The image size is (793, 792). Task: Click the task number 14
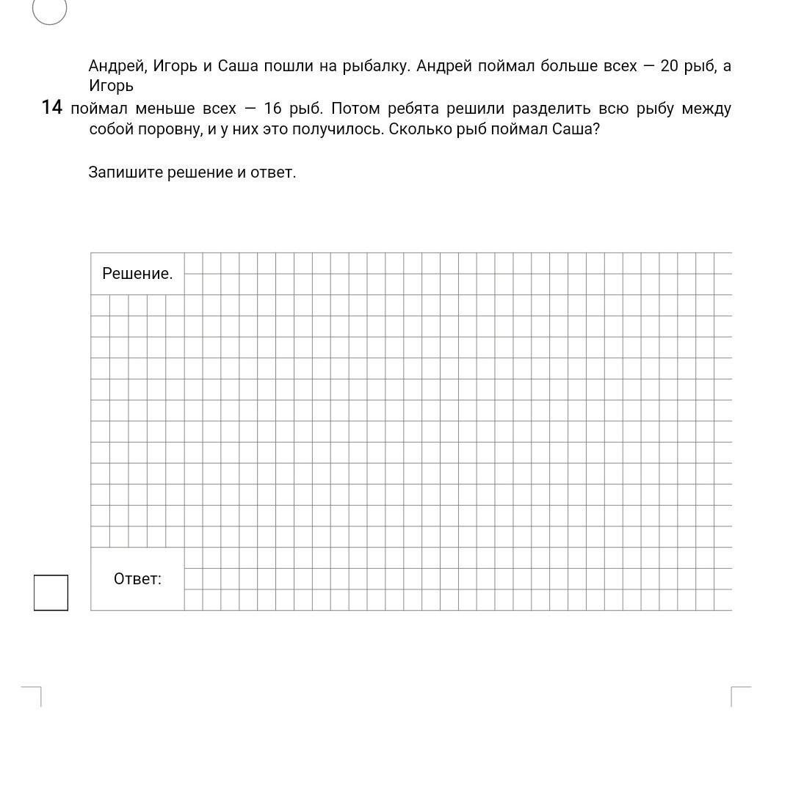point(51,108)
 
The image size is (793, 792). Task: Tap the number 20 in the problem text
point(670,66)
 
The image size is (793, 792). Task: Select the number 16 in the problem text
point(272,109)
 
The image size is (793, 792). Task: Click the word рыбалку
point(376,66)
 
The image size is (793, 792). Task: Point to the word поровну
point(167,130)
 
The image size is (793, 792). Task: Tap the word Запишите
point(125,172)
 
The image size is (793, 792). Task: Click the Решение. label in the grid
point(137,274)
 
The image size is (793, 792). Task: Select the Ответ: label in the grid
point(137,579)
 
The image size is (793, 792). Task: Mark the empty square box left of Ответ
point(51,593)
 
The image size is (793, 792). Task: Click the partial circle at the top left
point(50,10)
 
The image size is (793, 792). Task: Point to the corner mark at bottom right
point(739,694)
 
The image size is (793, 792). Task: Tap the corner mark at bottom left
point(33,694)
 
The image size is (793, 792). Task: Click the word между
point(706,109)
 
